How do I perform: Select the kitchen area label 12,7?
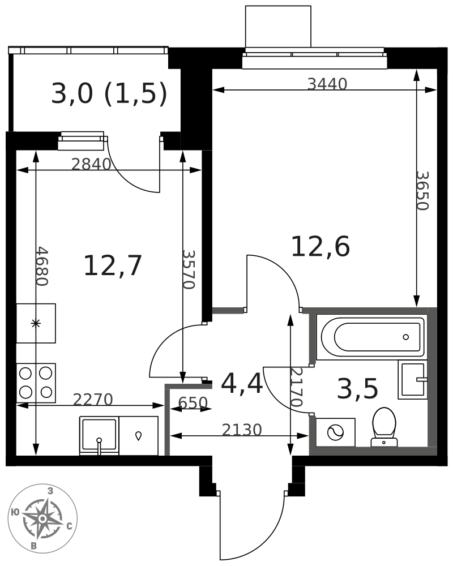point(112,266)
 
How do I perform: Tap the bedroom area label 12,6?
point(320,247)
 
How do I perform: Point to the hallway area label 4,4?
point(242,384)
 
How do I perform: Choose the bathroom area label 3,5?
point(357,389)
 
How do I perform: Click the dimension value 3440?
point(327,84)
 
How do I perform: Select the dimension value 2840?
point(91,164)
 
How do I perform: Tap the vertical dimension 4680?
point(41,266)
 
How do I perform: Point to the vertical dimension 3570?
point(188,269)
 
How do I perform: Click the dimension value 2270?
point(93,400)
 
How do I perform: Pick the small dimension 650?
point(193,403)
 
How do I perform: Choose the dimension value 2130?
point(242,430)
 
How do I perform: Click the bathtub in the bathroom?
point(371,337)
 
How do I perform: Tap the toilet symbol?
point(384,426)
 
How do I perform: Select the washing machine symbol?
point(335,432)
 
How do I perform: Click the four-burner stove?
point(36,383)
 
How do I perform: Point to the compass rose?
point(42,518)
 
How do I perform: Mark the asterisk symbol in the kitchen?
point(36,323)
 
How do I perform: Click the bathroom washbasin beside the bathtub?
point(412,379)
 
